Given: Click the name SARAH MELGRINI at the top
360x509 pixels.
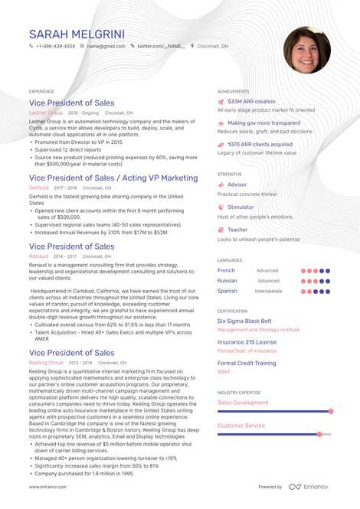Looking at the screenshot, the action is (77, 34).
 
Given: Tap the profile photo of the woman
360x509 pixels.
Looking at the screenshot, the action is (306, 51).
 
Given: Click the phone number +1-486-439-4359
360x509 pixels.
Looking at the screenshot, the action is (55, 46).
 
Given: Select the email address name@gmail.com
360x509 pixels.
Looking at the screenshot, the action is (106, 46).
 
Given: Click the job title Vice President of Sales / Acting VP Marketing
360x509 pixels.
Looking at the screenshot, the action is (113, 178).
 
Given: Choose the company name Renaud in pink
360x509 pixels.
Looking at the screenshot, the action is (39, 256).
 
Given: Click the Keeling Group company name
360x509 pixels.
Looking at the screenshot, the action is (46, 361).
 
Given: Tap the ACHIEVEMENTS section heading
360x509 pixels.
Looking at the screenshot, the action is (233, 90).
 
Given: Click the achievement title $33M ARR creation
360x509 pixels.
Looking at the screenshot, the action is (251, 101).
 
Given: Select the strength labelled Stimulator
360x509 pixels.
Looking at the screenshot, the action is (241, 207).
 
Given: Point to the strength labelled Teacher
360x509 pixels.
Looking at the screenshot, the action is (237, 230).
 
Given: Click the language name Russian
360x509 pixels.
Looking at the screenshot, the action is (227, 281).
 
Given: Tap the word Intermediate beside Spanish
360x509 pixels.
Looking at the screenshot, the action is (269, 291).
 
